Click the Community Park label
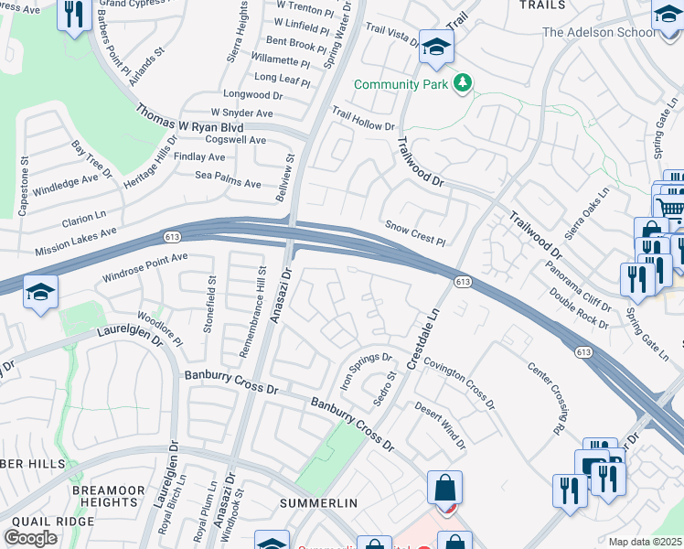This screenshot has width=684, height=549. click(401, 84)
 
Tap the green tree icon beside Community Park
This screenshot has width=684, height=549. click(465, 84)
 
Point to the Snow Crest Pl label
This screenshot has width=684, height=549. click(414, 233)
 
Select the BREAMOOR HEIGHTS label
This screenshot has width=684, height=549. click(108, 498)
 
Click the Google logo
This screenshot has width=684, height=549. click(30, 537)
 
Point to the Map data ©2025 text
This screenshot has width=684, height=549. click(645, 542)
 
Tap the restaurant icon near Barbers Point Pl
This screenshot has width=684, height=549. click(72, 14)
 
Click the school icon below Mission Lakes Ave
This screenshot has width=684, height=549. click(40, 293)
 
